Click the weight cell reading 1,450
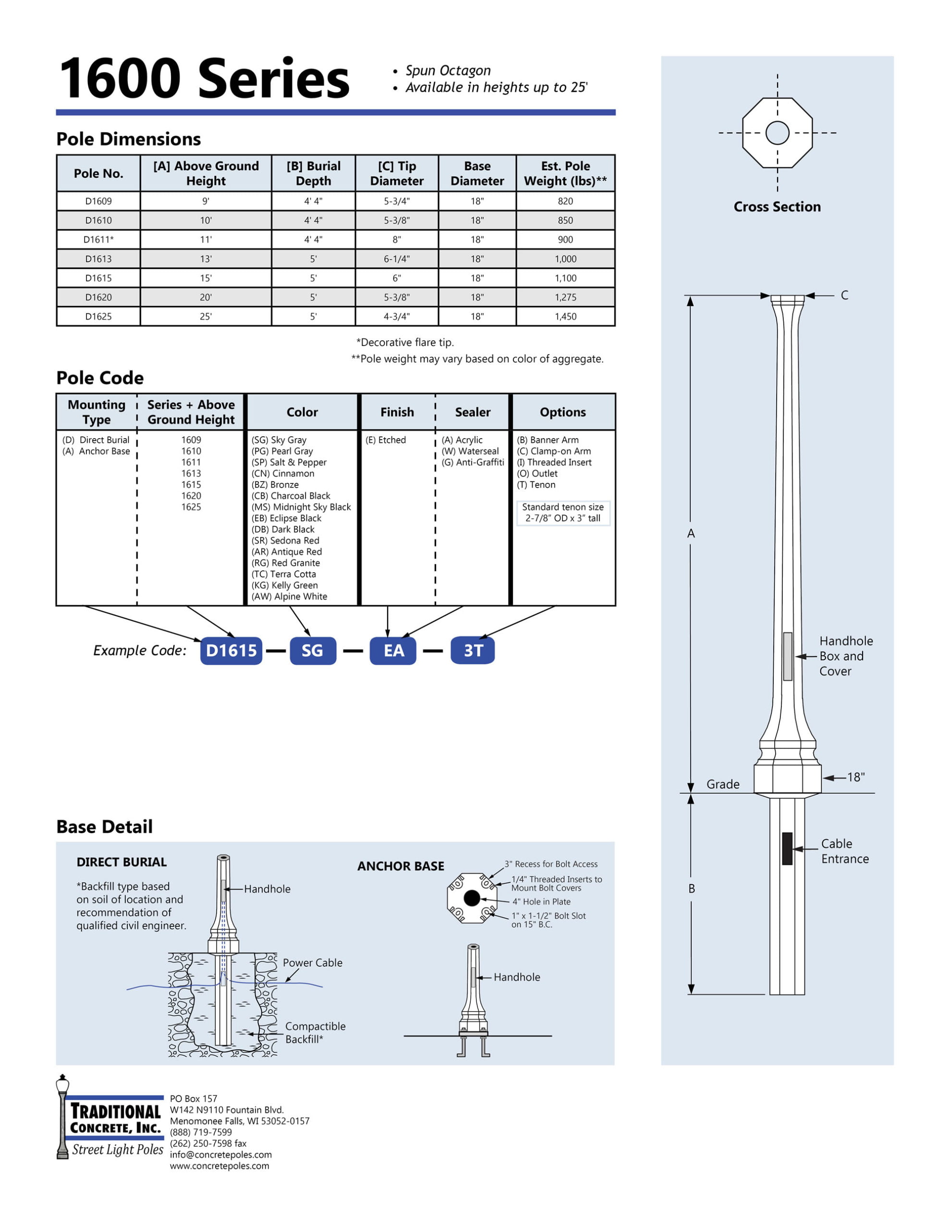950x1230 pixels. [x=565, y=317]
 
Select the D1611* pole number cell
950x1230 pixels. [x=98, y=239]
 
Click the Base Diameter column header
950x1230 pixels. [x=477, y=173]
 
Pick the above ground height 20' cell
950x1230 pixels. [x=206, y=297]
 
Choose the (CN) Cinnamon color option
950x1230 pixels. [x=283, y=474]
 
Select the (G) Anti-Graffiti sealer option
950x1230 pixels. [x=473, y=462]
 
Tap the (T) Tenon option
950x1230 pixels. [x=536, y=485]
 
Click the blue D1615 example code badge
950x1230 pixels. [x=231, y=651]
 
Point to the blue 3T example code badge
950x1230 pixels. [x=473, y=651]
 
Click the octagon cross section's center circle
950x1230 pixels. [x=777, y=133]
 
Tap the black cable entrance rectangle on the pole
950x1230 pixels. [x=787, y=848]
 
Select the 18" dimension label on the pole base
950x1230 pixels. [x=855, y=777]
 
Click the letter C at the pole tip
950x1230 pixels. [x=844, y=295]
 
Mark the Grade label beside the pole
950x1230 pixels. [x=722, y=784]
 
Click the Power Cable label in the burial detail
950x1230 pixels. [x=313, y=962]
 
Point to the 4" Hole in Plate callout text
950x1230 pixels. [x=541, y=902]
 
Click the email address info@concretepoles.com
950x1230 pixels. [x=221, y=1155]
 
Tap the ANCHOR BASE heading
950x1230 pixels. [x=401, y=866]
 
